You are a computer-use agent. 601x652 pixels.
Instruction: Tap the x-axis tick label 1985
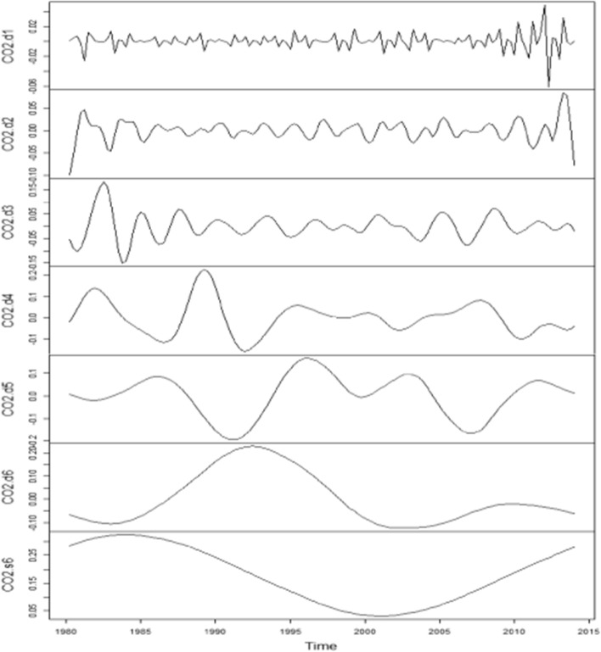pyautogui.click(x=141, y=632)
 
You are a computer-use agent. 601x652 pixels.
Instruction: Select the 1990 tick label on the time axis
pyautogui.click(x=216, y=632)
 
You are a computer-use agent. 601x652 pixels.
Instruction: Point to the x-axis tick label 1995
pyautogui.click(x=290, y=632)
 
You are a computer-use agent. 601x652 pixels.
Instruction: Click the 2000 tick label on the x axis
pyautogui.click(x=365, y=632)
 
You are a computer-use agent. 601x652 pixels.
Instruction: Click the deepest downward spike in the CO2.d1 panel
pyautogui.click(x=549, y=86)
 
